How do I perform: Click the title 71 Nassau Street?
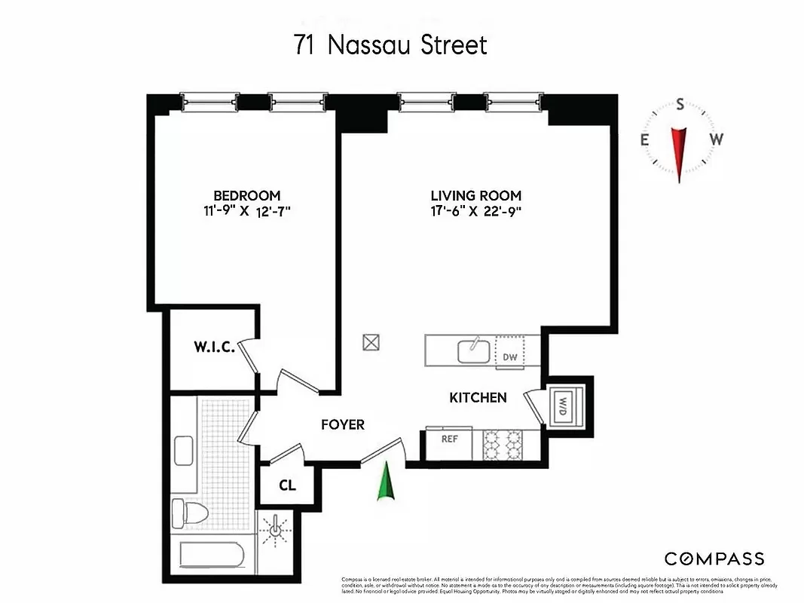click(390, 44)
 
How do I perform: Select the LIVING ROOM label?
click(475, 196)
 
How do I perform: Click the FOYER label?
click(343, 424)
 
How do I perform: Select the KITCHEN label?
click(478, 397)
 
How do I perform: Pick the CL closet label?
click(287, 485)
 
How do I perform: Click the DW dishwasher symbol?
click(510, 357)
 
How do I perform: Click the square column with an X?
click(371, 342)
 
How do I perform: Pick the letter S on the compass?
click(680, 106)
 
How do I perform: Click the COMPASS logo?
click(714, 559)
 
